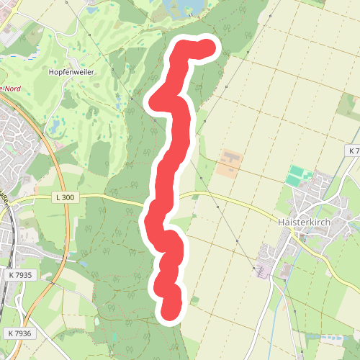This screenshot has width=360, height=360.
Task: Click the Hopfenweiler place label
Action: (x=71, y=73)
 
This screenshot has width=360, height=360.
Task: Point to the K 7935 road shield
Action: (x=22, y=275)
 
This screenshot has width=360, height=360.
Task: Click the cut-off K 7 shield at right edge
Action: (x=352, y=150)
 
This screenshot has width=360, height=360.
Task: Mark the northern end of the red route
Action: (x=208, y=47)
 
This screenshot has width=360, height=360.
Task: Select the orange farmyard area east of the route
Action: (x=229, y=163)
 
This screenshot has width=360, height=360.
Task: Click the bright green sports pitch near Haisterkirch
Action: (x=298, y=174)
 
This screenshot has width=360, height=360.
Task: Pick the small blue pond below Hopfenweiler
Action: (x=54, y=126)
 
